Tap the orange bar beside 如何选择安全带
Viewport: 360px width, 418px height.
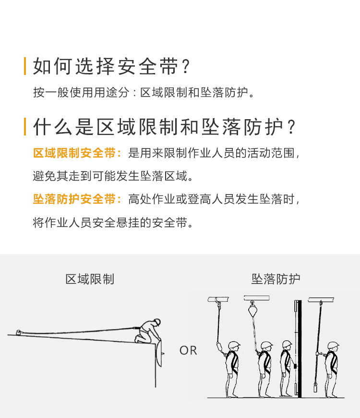pos(25,66)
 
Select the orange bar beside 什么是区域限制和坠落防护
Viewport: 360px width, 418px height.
pos(25,126)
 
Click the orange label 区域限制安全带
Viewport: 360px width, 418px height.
pos(77,153)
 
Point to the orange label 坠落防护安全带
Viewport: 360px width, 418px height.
pos(77,199)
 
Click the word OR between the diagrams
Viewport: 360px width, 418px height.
pos(188,350)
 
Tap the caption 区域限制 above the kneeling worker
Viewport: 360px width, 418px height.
pos(90,279)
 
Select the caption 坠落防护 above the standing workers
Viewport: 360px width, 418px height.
pos(276,279)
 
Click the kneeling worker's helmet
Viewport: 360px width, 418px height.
pos(157,321)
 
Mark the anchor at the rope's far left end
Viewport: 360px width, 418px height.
pos(18,332)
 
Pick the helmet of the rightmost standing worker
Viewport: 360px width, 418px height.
pos(333,345)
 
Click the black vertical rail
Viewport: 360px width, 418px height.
pos(300,349)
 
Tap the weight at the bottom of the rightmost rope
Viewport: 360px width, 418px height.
pos(315,387)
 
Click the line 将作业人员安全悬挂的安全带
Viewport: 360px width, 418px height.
pos(113,222)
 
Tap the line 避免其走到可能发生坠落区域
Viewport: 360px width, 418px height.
pos(113,176)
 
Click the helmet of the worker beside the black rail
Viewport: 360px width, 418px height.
pos(287,344)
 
